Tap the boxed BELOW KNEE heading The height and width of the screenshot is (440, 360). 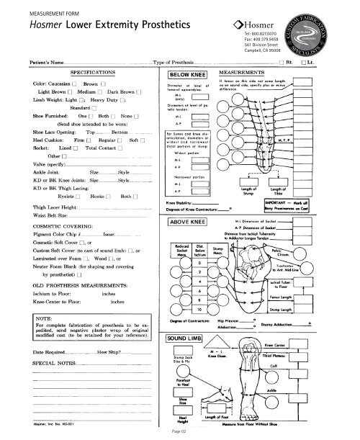pyautogui.click(x=188, y=74)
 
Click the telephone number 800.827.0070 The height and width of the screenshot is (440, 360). pyautogui.click(x=284, y=33)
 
